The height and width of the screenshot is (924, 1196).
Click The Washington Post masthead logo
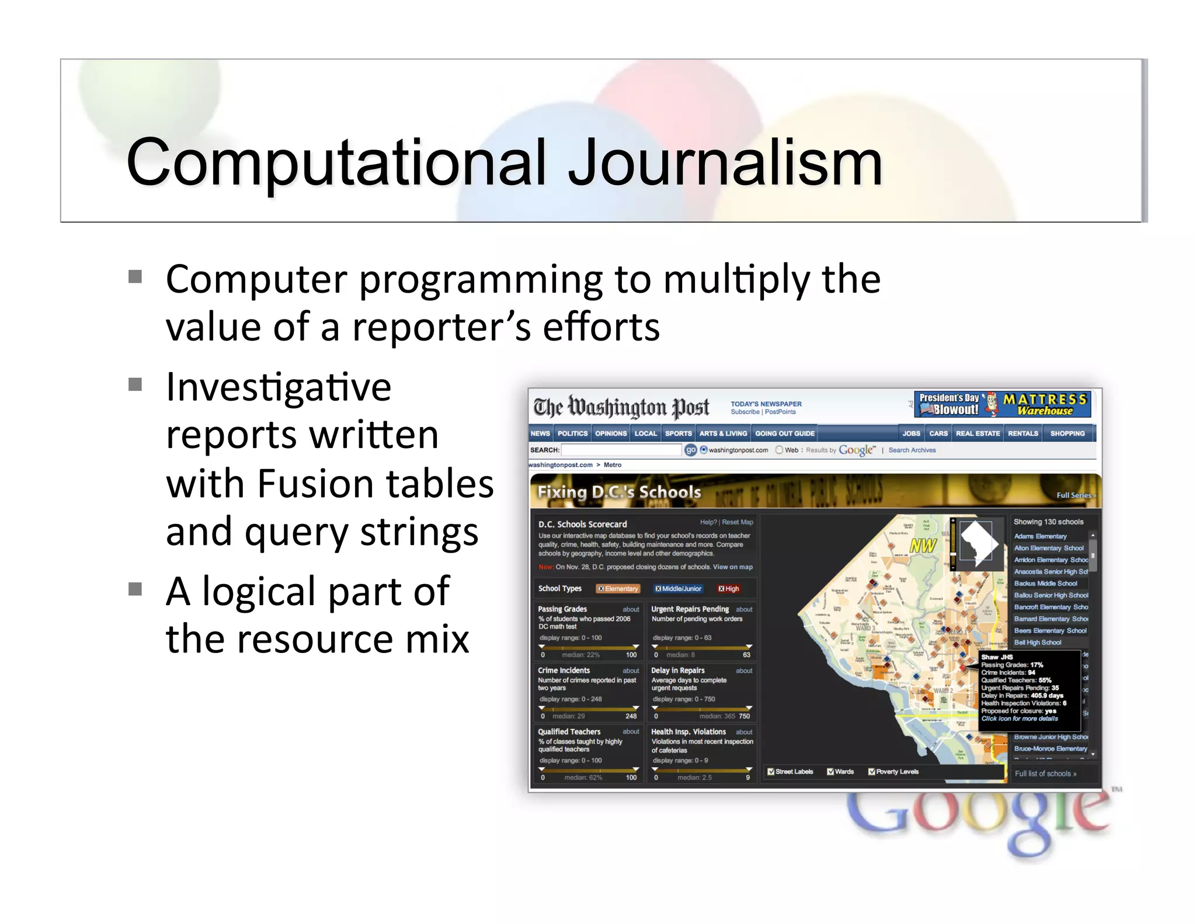click(x=621, y=407)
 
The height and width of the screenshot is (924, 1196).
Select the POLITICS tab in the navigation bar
click(x=572, y=433)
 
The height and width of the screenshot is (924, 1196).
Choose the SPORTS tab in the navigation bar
click(x=678, y=433)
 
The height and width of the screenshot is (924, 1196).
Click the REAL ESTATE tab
click(x=978, y=433)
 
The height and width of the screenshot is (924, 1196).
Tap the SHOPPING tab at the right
click(x=1067, y=433)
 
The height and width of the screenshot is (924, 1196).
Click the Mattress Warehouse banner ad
click(x=1002, y=404)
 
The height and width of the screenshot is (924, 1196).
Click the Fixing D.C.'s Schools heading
click(x=619, y=492)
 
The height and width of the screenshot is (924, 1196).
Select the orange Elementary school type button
click(x=618, y=589)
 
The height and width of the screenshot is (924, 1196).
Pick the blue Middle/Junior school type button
click(x=678, y=589)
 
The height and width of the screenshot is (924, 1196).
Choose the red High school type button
click(x=728, y=589)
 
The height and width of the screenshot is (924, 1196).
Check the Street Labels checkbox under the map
click(x=771, y=772)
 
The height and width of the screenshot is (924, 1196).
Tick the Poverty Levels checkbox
click(x=872, y=772)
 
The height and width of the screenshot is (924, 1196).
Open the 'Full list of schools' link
click(x=1045, y=773)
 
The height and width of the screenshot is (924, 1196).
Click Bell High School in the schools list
click(x=1038, y=642)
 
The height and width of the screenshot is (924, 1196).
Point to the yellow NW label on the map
click(x=923, y=546)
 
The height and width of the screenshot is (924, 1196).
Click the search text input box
click(x=621, y=450)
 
